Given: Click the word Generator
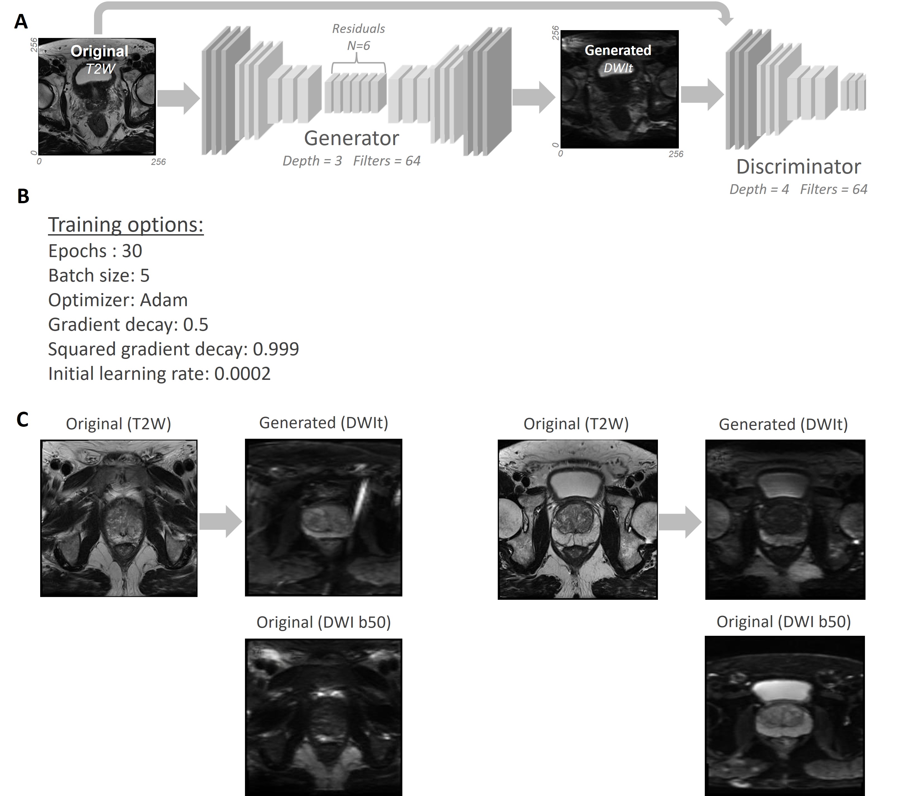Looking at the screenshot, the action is tap(351, 138).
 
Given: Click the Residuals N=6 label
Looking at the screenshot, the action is tap(358, 37).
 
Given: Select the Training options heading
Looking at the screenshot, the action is tap(126, 225).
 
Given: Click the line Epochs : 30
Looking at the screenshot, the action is tap(95, 251).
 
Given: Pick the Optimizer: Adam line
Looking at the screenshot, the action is tap(118, 300).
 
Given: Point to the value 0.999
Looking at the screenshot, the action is tap(276, 349).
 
